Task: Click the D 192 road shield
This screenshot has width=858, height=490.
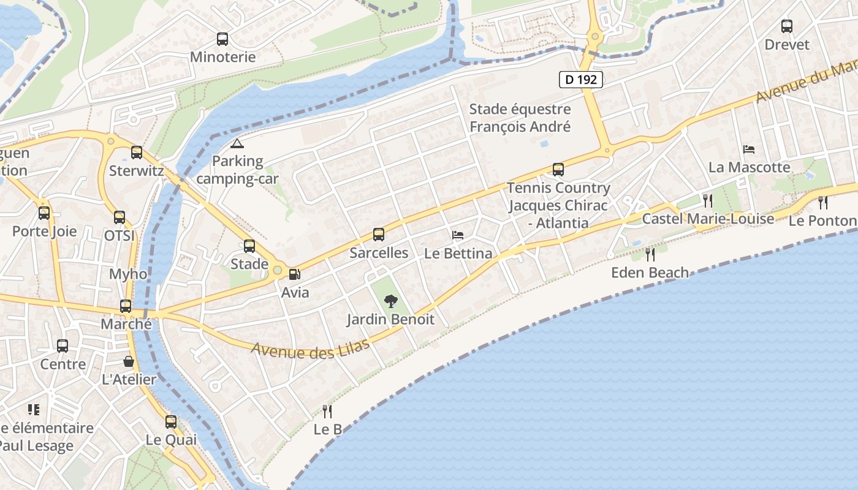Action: pos(581,79)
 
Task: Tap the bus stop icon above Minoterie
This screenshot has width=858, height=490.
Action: pos(222,39)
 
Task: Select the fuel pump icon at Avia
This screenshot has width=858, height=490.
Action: pos(295,274)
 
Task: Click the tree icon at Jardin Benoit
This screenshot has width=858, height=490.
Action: pos(390,301)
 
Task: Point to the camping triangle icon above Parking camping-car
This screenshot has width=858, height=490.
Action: pos(237,143)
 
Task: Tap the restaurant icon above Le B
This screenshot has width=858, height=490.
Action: pos(327,411)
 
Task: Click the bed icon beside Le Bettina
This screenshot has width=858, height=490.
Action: pos(458,235)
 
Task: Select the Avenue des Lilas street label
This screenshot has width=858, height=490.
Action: pos(311,347)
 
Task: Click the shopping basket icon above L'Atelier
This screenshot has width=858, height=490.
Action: pos(129,361)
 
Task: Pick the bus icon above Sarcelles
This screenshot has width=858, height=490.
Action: pos(379,234)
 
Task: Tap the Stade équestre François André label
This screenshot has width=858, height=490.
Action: pos(520,118)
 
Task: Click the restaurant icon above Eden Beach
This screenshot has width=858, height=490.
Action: pos(650,254)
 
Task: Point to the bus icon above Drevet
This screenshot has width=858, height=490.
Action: pos(787,26)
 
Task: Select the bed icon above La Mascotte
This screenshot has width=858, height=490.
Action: pos(749,149)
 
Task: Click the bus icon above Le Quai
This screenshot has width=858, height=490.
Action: pos(171,421)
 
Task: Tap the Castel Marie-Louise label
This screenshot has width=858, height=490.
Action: pos(708,219)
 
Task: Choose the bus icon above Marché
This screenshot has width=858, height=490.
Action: pos(126,306)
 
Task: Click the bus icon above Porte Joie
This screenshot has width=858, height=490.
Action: pos(44,213)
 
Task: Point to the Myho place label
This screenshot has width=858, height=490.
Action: pos(128,274)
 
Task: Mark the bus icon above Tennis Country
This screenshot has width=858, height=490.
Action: pos(558,169)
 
